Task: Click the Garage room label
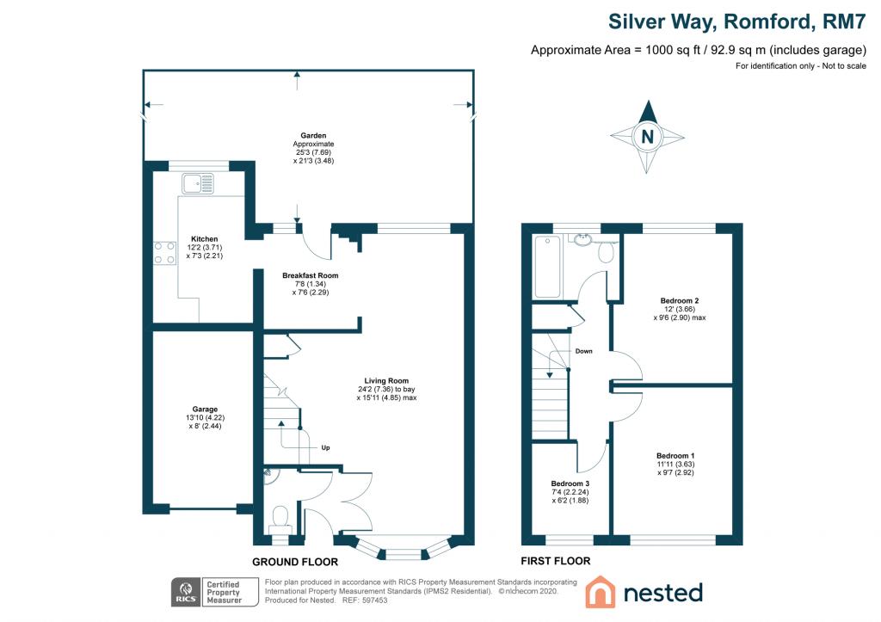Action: point(205,410)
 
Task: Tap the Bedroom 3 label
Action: point(571,483)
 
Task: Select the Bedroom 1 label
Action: point(675,456)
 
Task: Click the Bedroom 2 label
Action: point(679,300)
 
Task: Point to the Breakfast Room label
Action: point(311,276)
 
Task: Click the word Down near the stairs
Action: point(583,351)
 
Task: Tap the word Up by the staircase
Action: point(325,447)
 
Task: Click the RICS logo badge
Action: point(183,591)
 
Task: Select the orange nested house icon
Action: point(600,592)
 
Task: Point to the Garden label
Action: point(312,135)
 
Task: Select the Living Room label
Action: point(386,380)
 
